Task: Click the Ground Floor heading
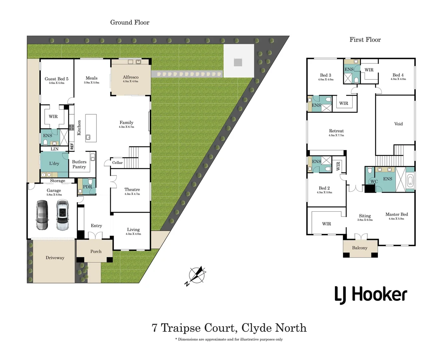[x=130, y=22]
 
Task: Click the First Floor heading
[x=365, y=40]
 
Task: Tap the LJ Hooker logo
[x=371, y=295]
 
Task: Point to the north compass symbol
[x=197, y=275]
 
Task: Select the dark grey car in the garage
[x=42, y=215]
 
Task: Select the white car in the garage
[x=62, y=215]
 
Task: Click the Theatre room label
[x=132, y=190]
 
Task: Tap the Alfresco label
[x=130, y=77]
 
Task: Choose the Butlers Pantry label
[x=79, y=164]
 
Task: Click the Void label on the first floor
[x=398, y=124]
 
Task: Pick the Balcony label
[x=360, y=248]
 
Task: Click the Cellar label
[x=117, y=163]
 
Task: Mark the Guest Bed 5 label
[x=56, y=79]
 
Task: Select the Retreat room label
[x=336, y=131]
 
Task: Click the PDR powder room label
[x=87, y=187]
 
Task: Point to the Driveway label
[x=55, y=258]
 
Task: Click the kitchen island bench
[x=91, y=128]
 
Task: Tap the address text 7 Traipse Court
[x=194, y=328]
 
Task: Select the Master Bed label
[x=397, y=214]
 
